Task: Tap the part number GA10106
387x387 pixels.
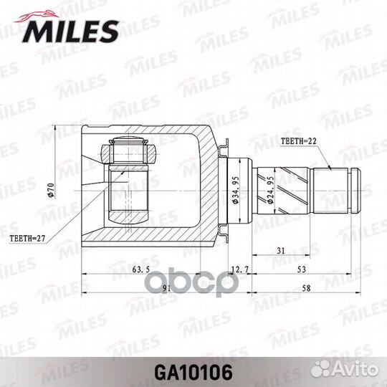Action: [x=193, y=372]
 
